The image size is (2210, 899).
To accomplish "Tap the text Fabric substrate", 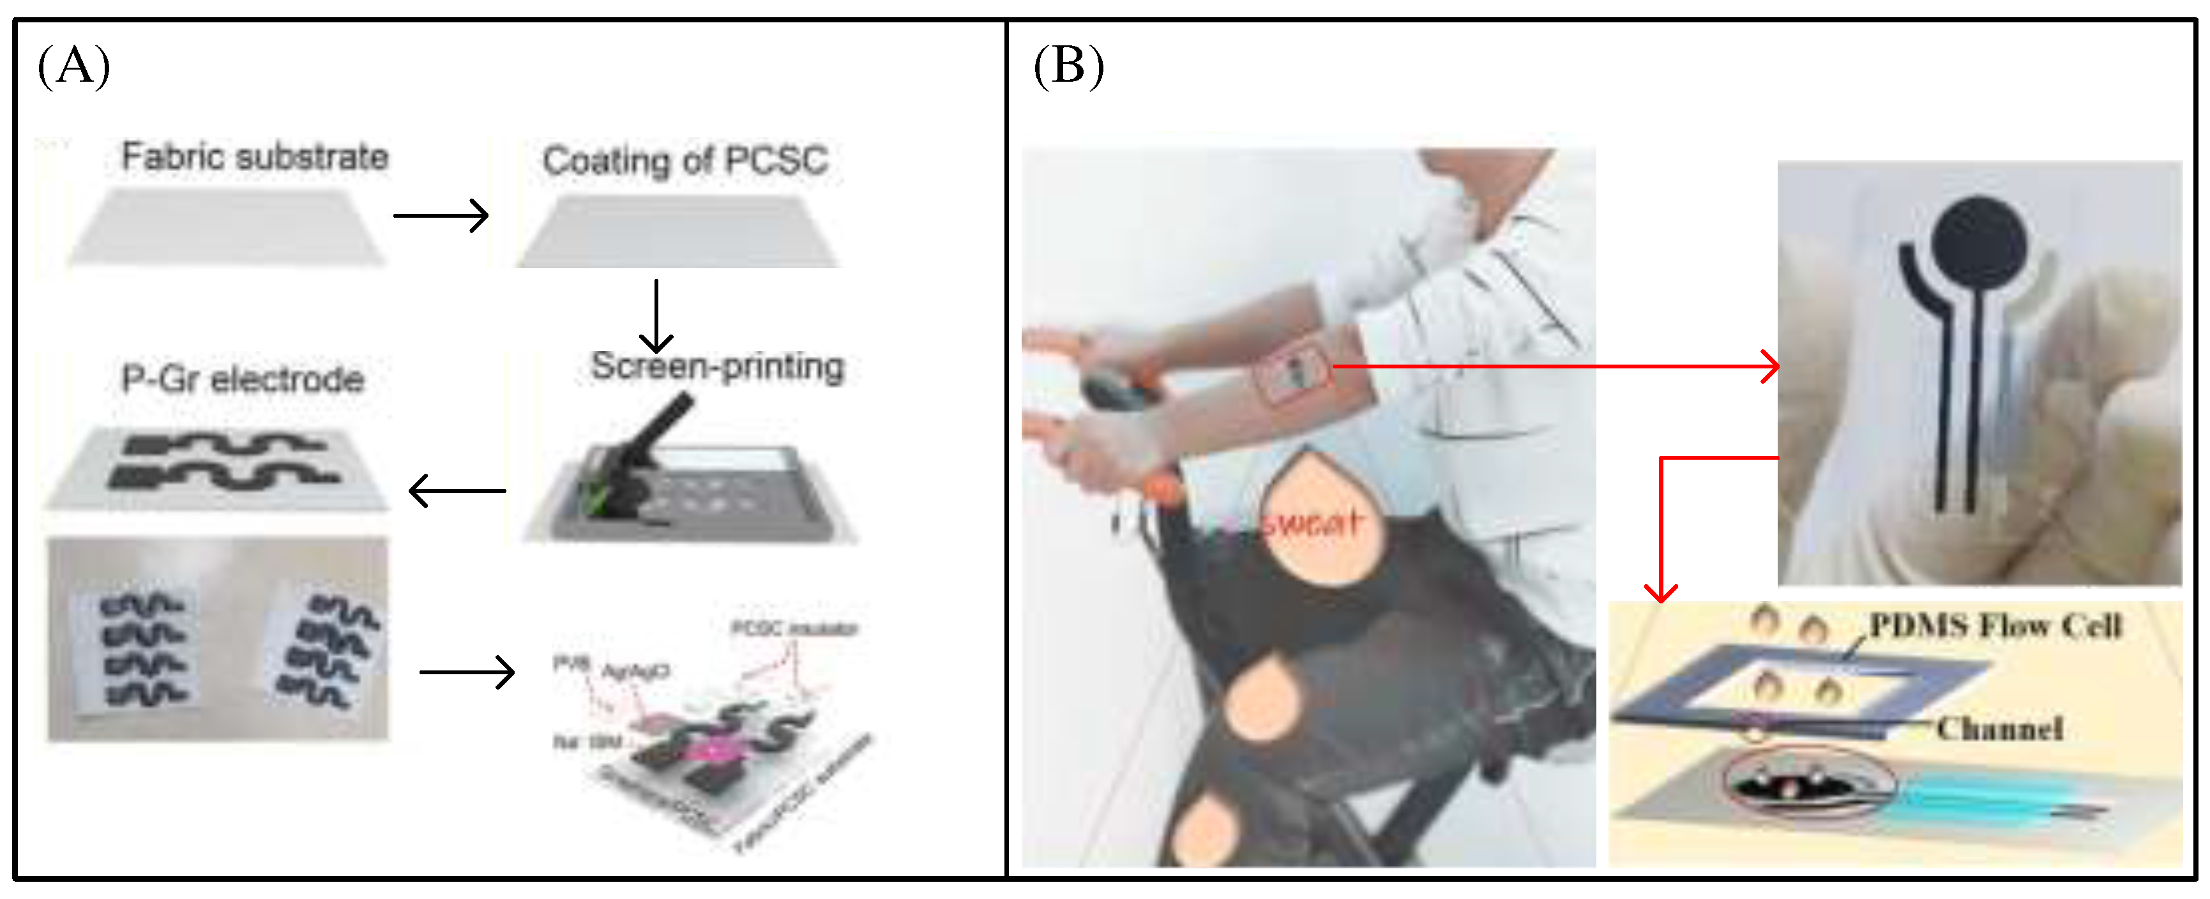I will point(255,157).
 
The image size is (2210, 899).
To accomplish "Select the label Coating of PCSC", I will point(685,160).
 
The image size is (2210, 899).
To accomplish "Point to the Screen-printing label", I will point(717,366).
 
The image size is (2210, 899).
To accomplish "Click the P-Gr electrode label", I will point(243,379).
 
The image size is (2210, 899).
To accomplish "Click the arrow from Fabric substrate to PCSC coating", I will point(441,215).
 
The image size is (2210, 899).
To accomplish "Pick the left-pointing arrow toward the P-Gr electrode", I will point(457,490).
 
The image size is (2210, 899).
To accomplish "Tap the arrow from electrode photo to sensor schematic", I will point(467,672).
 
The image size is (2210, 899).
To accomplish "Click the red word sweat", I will point(1313,522).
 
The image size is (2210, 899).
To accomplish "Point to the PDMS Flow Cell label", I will point(1995,625).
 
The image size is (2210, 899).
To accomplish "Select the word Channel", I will point(1999,729).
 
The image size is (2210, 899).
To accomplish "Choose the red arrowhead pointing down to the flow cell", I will point(1661,592).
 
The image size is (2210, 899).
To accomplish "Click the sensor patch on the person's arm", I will point(1294,370).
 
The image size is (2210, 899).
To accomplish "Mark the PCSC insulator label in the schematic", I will point(794,629).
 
